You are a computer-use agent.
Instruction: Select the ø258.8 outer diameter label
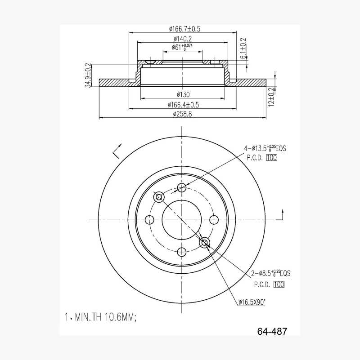point(182,114)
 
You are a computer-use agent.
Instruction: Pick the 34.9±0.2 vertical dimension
point(88,75)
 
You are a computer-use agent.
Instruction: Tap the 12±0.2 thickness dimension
point(271,97)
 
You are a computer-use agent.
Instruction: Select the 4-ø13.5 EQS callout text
point(265,148)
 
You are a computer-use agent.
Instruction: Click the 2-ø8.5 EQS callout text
point(270,273)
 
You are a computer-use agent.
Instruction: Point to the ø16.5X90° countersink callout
point(252,302)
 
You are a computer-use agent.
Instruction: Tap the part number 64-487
point(272,332)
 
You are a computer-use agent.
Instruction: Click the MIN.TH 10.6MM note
point(100,318)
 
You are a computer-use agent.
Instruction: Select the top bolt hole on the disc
point(182,188)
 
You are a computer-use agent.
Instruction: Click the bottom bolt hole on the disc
point(182,252)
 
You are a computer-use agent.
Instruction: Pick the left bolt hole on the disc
point(150,220)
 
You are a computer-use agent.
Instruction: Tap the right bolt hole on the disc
point(214,220)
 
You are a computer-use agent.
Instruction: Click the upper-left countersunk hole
point(159,197)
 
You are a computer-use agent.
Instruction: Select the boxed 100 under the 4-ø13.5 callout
point(271,158)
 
